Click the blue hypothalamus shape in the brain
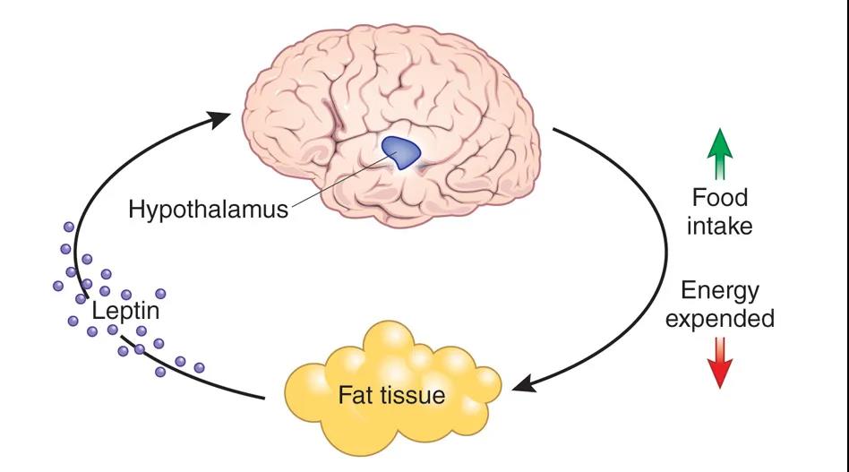click(400, 151)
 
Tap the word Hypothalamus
click(209, 210)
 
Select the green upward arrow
click(720, 154)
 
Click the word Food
click(720, 197)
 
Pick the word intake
click(720, 226)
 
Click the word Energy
click(720, 292)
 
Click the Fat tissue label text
click(391, 395)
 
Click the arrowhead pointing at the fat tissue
click(524, 383)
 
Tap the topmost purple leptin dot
click(69, 227)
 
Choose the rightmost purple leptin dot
click(199, 368)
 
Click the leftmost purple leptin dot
click(58, 285)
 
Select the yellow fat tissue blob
click(392, 390)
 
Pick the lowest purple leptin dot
click(160, 372)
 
